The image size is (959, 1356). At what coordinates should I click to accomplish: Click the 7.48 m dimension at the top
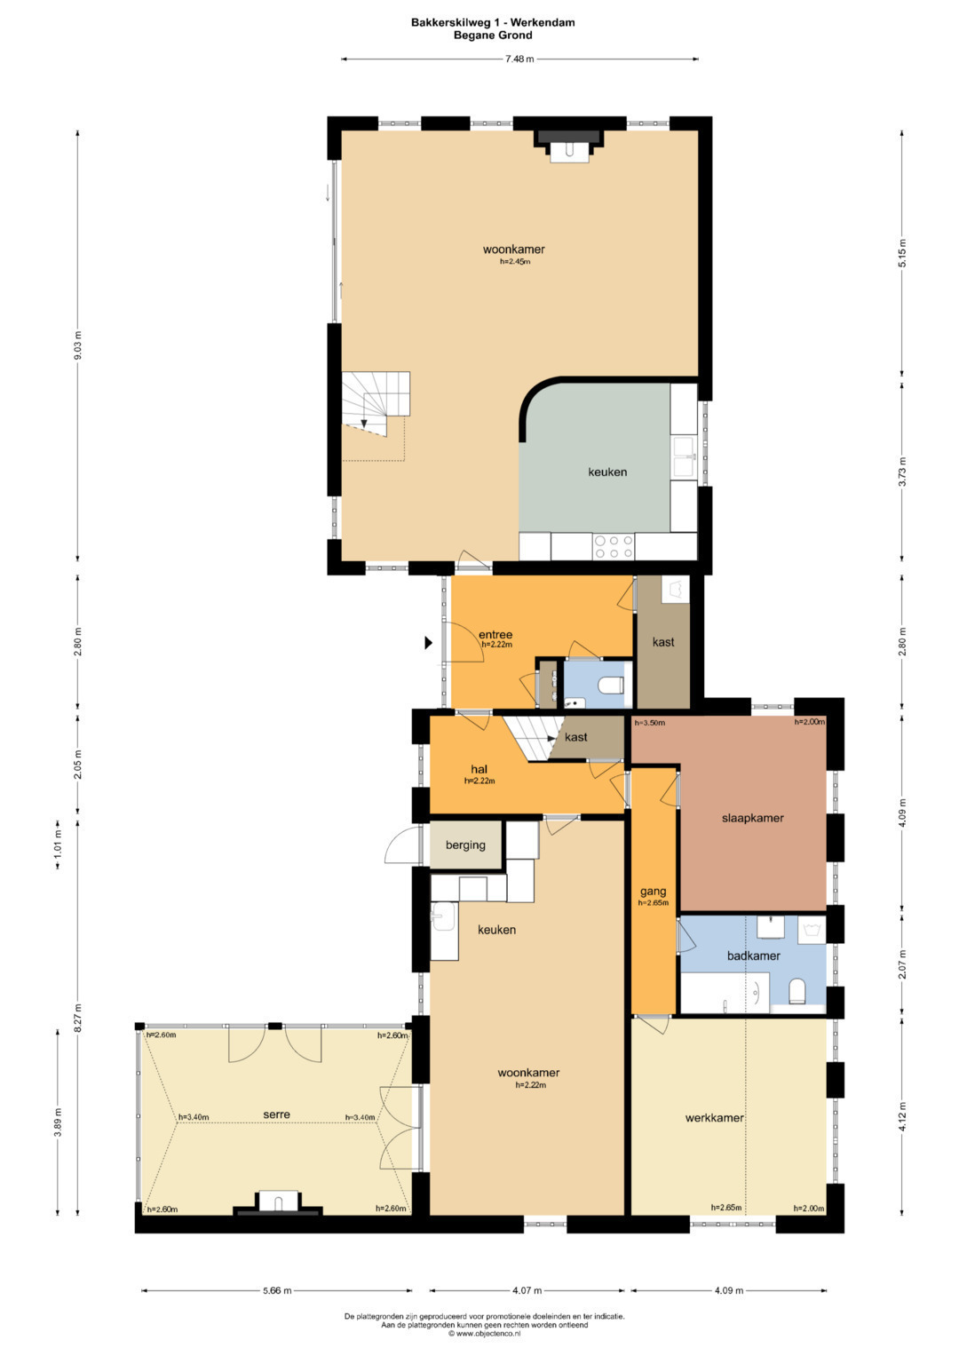[519, 59]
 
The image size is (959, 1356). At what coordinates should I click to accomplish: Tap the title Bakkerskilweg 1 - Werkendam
[493, 22]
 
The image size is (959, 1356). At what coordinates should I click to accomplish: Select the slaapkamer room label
[753, 819]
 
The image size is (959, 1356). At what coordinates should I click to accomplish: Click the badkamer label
[753, 956]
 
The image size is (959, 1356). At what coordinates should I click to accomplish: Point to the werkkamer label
[715, 1118]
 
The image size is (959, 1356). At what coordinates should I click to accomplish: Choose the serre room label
[277, 1114]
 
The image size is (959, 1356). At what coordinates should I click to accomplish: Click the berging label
[465, 845]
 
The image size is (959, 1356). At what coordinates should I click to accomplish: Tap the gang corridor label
[654, 892]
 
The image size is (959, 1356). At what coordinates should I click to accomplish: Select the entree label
[495, 635]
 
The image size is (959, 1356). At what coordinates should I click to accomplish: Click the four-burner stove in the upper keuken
[614, 547]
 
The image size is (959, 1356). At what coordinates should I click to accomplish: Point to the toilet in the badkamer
[797, 991]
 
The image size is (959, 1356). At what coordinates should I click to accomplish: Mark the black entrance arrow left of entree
[428, 643]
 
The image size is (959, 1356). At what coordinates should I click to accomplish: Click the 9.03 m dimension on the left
[77, 345]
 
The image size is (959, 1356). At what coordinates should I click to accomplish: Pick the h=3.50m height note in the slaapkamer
[650, 723]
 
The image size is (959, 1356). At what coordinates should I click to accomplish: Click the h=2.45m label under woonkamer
[515, 262]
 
